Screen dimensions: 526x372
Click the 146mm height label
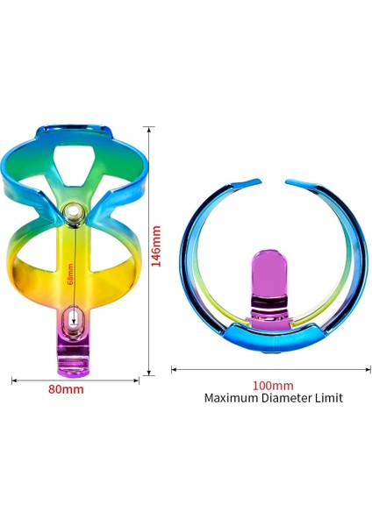click(158, 247)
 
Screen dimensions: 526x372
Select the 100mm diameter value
click(273, 385)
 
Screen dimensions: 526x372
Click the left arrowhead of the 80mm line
click(14, 380)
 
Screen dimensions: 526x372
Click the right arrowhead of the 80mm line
click(137, 380)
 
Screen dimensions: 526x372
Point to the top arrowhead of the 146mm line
click(151, 129)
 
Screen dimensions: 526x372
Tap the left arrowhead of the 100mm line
click(174, 370)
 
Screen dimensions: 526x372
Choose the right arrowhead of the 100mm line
click(369, 370)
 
